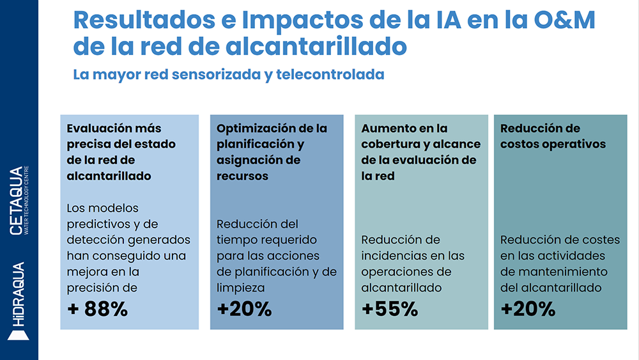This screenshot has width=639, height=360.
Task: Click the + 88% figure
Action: click(98, 309)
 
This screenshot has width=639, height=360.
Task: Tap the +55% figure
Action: click(389, 309)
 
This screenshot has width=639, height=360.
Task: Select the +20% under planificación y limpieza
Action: click(244, 309)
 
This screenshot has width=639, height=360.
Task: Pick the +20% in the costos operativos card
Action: click(528, 309)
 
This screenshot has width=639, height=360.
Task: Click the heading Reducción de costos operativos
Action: click(553, 136)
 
